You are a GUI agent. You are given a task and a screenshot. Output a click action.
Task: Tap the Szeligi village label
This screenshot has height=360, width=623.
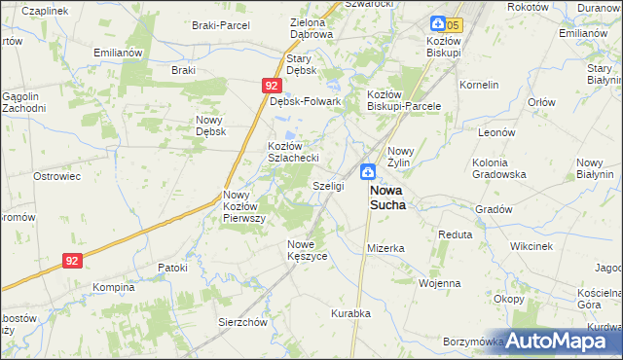(328, 185)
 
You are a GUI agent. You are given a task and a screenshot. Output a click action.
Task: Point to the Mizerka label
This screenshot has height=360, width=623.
(385, 248)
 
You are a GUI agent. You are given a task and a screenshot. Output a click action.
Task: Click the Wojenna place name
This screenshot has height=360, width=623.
(439, 283)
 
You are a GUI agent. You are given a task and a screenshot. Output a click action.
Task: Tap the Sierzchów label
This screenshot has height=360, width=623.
(242, 322)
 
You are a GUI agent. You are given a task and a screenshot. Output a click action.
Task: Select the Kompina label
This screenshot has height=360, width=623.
(113, 287)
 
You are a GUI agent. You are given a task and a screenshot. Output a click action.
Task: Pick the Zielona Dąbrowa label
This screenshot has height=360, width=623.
(311, 27)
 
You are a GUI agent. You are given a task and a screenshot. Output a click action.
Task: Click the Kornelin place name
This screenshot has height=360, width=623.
(479, 84)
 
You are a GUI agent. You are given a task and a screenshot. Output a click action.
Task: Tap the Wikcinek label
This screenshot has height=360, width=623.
(530, 246)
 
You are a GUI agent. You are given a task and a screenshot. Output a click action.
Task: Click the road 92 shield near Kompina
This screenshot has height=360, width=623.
(72, 261)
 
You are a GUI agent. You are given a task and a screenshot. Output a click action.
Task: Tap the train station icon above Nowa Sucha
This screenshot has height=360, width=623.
(369, 172)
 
